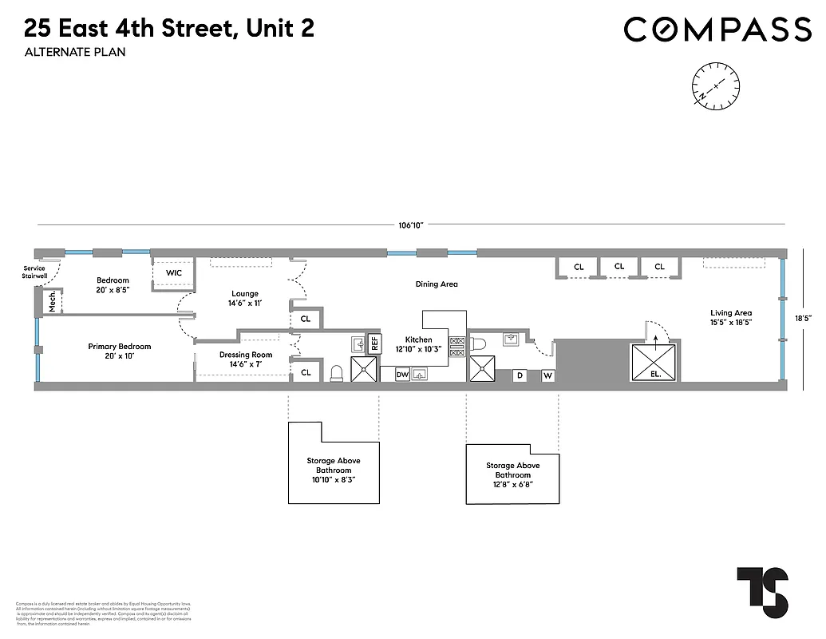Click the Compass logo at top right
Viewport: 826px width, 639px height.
[x=717, y=30]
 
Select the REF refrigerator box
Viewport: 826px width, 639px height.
[x=373, y=344]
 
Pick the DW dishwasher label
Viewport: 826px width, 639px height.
[x=402, y=374]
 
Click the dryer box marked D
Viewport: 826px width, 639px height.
[x=520, y=375]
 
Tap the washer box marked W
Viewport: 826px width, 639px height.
[x=548, y=375]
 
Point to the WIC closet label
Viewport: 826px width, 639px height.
[x=174, y=273]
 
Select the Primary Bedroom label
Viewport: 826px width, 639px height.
[x=120, y=351]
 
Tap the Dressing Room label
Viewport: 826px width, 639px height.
[x=245, y=359]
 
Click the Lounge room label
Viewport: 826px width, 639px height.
[x=245, y=299]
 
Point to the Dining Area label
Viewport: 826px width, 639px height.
[x=437, y=284]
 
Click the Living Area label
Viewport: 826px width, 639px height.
[x=732, y=318]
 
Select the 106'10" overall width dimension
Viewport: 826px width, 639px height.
[x=410, y=224]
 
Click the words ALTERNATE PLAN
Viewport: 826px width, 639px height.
[x=74, y=53]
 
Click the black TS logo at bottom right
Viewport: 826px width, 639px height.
[x=762, y=592]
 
